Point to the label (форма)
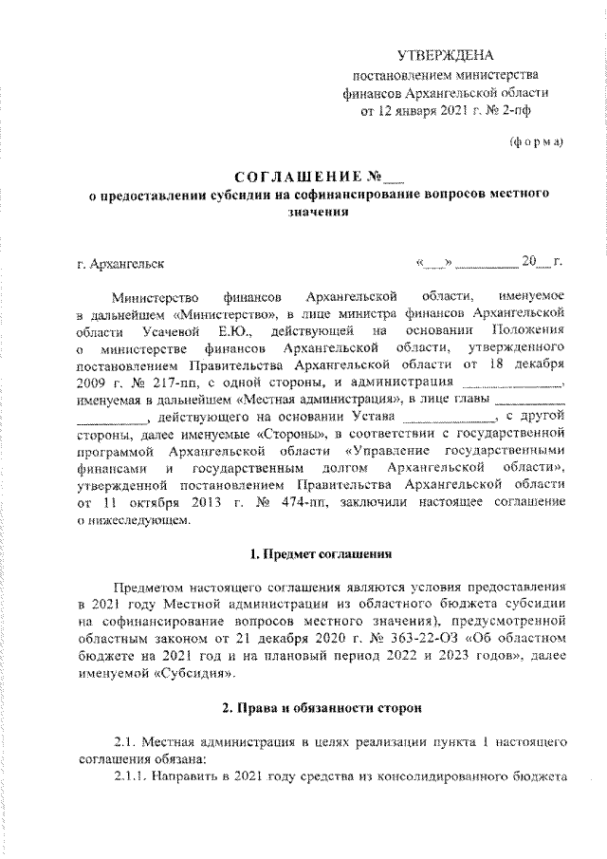coord(537,142)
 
